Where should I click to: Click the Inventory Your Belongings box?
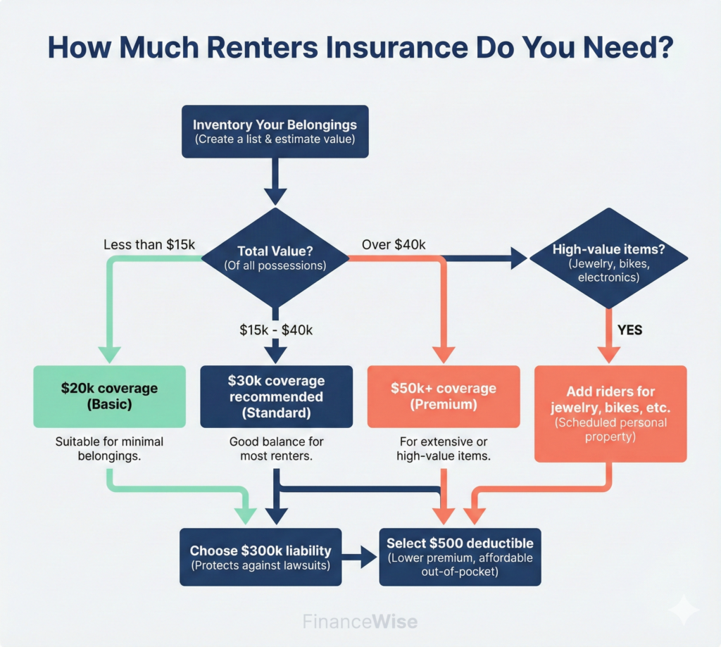point(275,132)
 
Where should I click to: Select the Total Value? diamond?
point(275,259)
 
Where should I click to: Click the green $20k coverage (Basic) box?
point(109,396)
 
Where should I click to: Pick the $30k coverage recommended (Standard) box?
point(275,396)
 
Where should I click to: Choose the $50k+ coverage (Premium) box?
point(443,396)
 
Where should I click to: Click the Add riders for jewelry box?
point(610,413)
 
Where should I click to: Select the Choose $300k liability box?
point(261,556)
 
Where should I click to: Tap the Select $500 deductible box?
point(460,556)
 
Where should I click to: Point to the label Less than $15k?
point(149,245)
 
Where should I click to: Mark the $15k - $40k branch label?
point(275,329)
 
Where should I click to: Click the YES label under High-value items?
point(629,329)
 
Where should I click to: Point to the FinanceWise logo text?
point(360,622)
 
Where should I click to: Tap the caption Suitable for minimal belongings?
point(109,449)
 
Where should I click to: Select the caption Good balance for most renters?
point(275,449)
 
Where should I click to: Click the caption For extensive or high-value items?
point(443,449)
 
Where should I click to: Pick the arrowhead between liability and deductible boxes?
point(368,556)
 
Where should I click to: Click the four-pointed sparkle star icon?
point(683,609)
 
